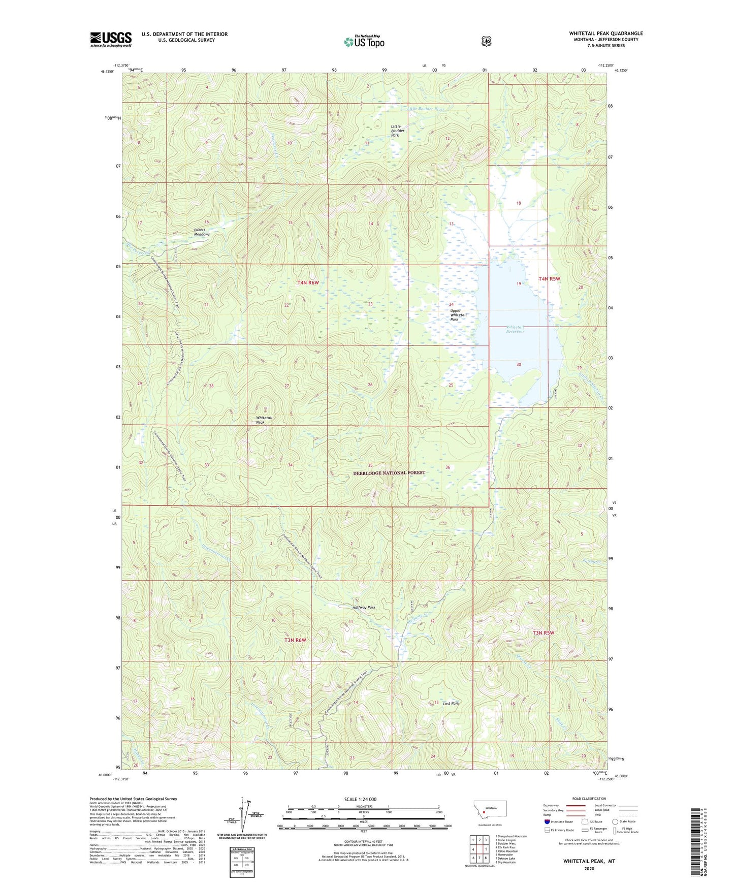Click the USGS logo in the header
[111, 39]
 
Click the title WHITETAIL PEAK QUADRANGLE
[605, 34]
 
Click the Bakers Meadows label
[202, 232]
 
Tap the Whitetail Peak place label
[264, 420]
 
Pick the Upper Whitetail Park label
[458, 315]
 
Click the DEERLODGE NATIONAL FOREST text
[389, 472]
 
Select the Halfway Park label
[364, 608]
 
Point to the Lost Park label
[451, 703]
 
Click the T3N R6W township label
[295, 640]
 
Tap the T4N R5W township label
[549, 279]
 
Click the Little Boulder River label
[426, 109]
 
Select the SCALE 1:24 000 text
[360, 799]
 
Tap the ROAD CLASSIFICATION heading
[589, 799]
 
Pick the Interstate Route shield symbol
[547, 821]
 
